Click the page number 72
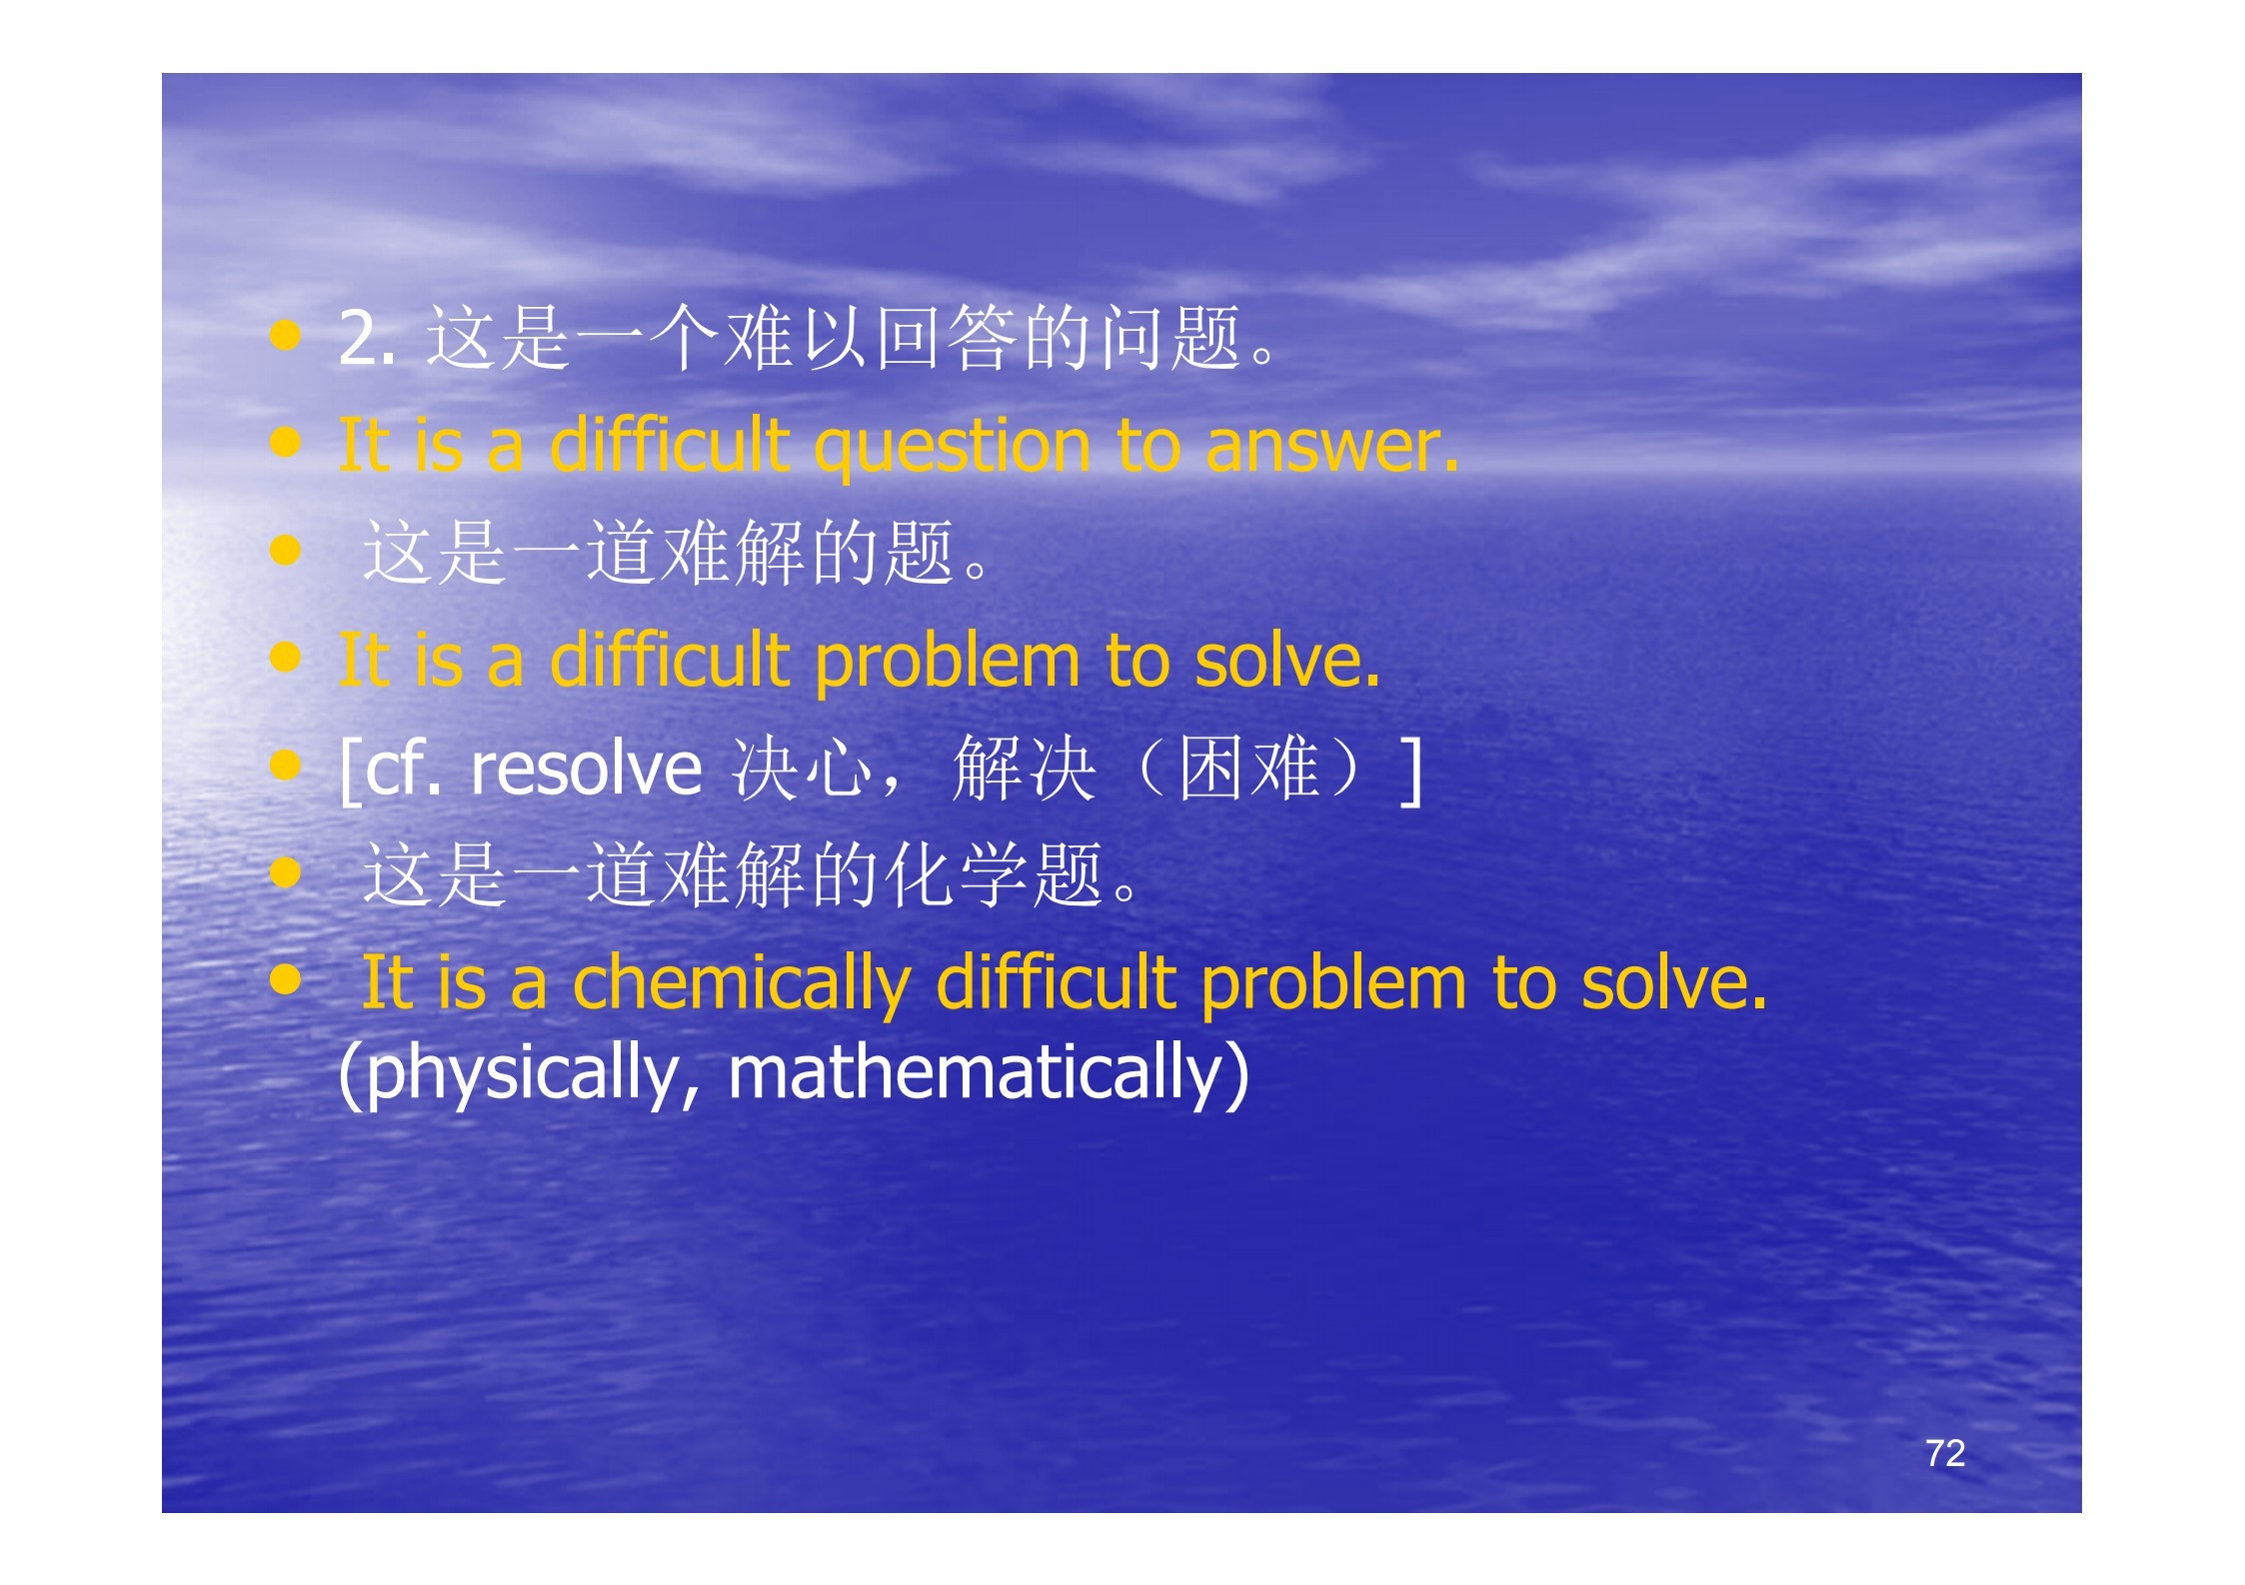tap(1944, 1452)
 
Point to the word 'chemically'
tap(741, 984)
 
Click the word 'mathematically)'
tap(989, 1072)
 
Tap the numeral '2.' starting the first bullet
tap(367, 338)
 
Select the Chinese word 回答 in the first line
tap(947, 338)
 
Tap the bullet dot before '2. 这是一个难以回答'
tap(285, 336)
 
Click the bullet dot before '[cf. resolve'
tap(285, 766)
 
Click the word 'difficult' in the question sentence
tap(670, 446)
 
